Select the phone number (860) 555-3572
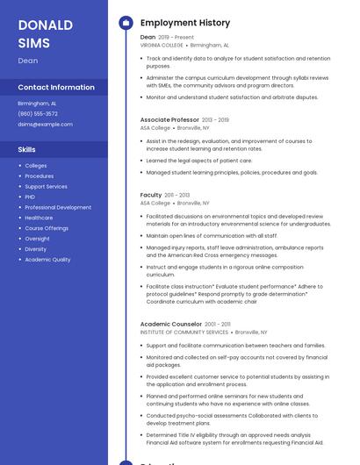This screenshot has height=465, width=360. (38, 113)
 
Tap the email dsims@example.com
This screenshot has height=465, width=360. (45, 125)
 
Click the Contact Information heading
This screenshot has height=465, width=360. (56, 87)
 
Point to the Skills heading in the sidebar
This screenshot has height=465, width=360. (26, 149)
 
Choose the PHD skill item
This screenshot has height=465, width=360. (30, 197)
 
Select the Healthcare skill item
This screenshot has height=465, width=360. (39, 218)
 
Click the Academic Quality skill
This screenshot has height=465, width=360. (47, 260)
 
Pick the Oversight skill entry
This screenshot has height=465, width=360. (37, 239)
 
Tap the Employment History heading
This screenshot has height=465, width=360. (185, 23)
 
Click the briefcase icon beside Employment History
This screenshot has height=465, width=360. (126, 23)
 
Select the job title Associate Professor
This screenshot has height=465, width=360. (169, 119)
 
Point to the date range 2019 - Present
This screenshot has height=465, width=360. (176, 38)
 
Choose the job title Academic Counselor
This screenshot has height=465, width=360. (171, 325)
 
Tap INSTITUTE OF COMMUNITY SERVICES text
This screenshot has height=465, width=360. (184, 333)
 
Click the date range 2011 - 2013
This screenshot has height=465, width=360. (177, 195)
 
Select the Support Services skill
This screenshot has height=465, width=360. (46, 186)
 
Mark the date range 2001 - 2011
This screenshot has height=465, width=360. (218, 325)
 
